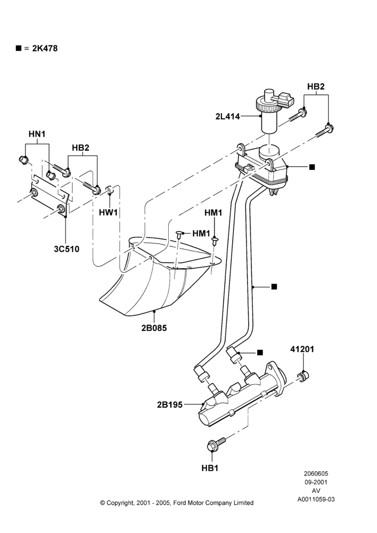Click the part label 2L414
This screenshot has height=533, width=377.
pyautogui.click(x=227, y=116)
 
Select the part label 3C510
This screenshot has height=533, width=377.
pyautogui.click(x=67, y=249)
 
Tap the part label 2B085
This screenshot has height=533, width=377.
pyautogui.click(x=154, y=328)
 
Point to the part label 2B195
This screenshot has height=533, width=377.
pyautogui.click(x=170, y=405)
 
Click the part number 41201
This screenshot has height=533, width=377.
pyautogui.click(x=302, y=349)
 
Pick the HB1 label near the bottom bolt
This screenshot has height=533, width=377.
pyautogui.click(x=210, y=468)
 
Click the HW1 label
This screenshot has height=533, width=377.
pyautogui.click(x=108, y=213)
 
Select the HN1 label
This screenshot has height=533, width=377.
pyautogui.click(x=37, y=134)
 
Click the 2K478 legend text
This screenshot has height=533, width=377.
pyautogui.click(x=45, y=49)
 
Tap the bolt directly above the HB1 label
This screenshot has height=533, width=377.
pyautogui.click(x=216, y=444)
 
